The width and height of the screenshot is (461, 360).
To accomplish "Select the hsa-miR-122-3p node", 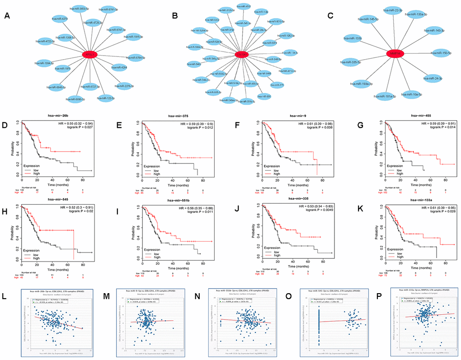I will [107, 97].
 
